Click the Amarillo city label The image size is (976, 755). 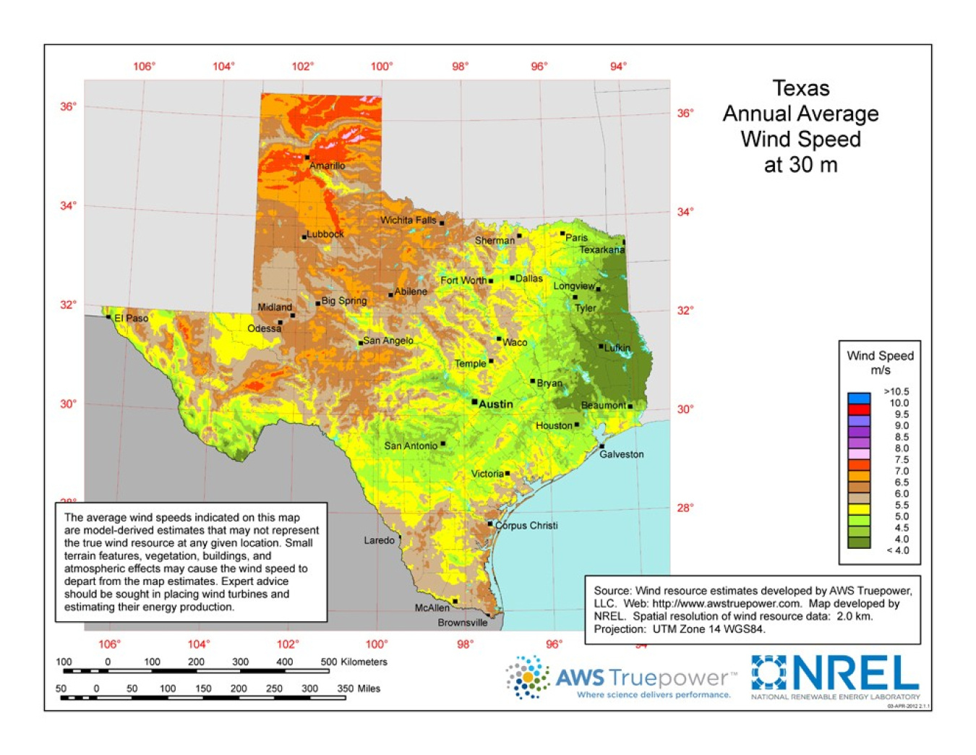(x=327, y=166)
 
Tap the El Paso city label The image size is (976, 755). (x=131, y=318)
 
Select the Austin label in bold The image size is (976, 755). (x=496, y=404)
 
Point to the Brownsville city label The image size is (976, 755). (x=462, y=623)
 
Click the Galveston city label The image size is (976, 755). (x=621, y=454)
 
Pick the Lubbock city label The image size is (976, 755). (x=325, y=234)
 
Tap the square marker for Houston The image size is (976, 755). (x=577, y=425)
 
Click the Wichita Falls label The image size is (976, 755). (x=408, y=220)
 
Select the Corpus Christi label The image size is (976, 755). (x=526, y=526)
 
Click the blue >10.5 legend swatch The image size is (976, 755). (x=859, y=398)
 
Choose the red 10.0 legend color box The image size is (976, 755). (x=859, y=409)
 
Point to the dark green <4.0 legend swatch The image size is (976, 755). (x=859, y=543)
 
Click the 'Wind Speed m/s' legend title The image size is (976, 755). (x=880, y=362)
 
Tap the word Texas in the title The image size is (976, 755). (x=800, y=88)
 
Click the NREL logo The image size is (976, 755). (x=835, y=674)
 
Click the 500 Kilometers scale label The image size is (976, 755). (x=354, y=662)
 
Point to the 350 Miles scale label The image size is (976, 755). (x=358, y=688)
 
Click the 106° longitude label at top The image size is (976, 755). (x=144, y=67)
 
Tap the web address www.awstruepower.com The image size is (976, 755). (x=727, y=603)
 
